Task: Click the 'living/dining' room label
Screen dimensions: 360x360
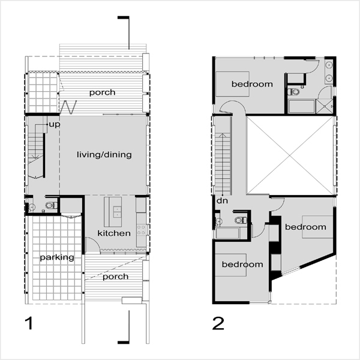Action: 104,155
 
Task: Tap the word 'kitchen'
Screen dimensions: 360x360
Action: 114,233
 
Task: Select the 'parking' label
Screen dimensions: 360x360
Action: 57,257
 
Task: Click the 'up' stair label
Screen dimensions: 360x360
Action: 55,125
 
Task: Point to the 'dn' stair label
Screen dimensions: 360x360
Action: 222,200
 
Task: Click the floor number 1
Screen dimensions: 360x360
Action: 29,323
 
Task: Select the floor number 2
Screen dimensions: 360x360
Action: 218,323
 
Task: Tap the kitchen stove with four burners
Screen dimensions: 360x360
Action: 141,230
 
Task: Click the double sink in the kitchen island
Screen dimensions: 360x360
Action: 118,212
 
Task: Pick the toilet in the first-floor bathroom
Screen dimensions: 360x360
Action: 51,205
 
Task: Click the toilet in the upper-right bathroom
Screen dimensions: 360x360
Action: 293,92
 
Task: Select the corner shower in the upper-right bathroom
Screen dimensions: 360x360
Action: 325,106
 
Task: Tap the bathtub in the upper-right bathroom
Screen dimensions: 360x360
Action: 302,106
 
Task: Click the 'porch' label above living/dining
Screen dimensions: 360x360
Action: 102,92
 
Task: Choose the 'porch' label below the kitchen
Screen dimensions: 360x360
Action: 115,277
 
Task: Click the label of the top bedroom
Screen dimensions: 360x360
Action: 252,84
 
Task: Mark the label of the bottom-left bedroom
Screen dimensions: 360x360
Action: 242,264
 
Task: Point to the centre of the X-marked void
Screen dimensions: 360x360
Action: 290,155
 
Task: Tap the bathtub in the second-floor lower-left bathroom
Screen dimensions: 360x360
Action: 228,233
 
